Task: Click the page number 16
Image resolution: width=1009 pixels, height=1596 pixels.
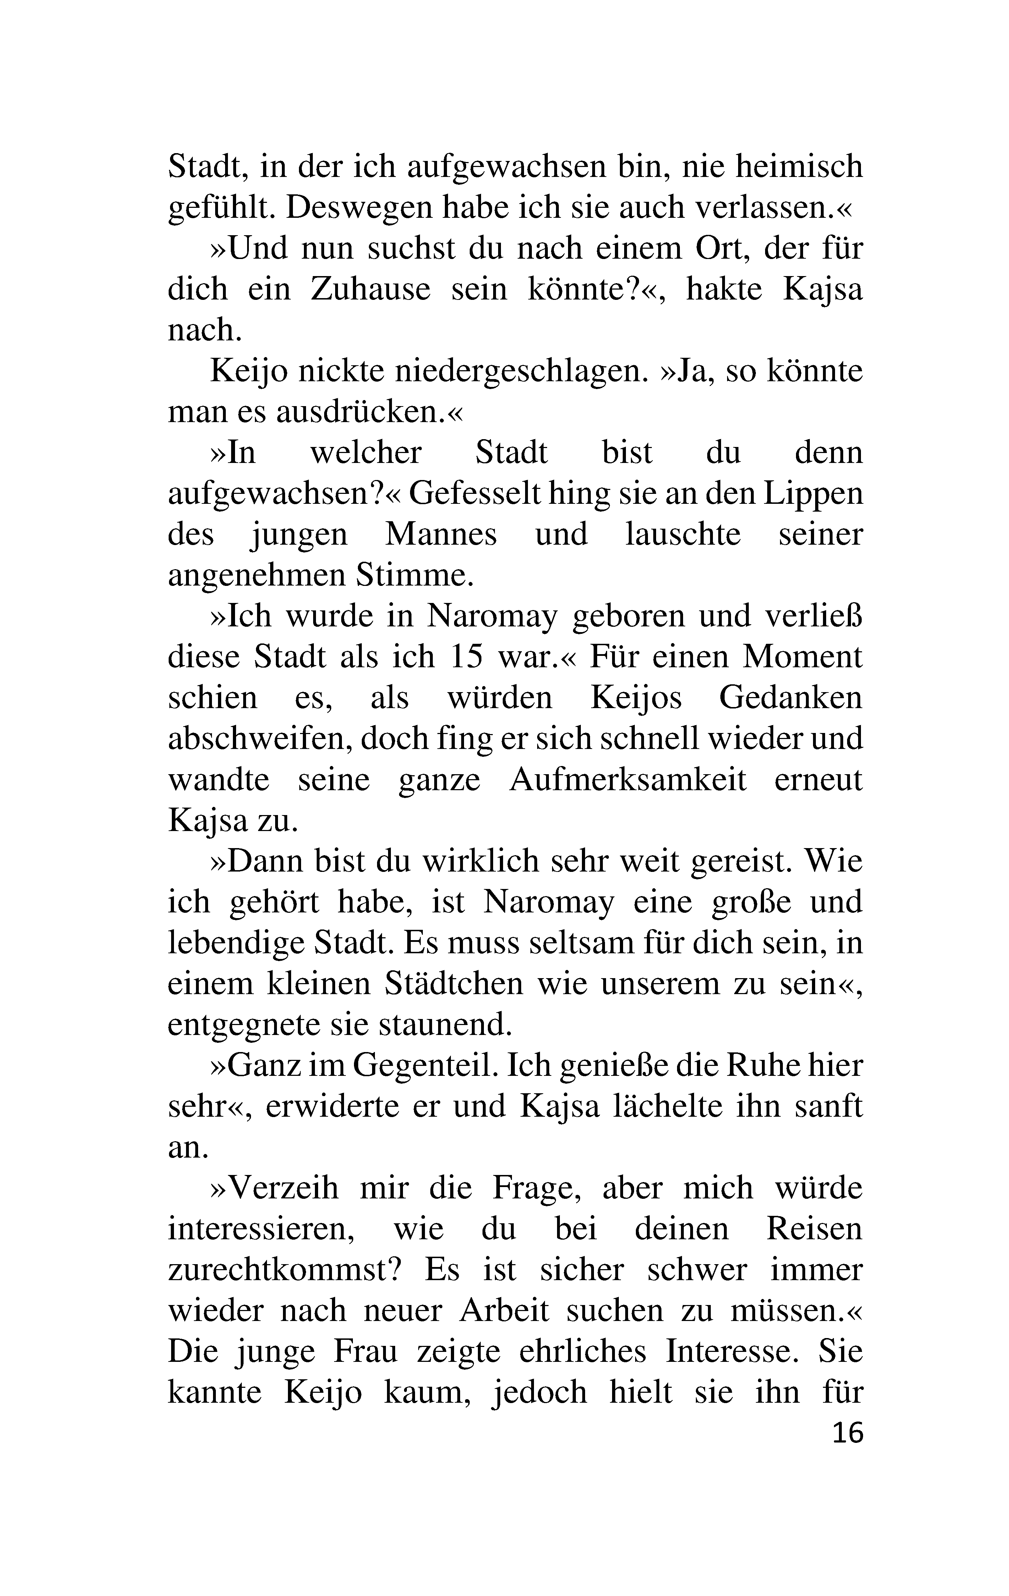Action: (x=848, y=1433)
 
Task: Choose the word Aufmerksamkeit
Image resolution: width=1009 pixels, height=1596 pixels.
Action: (x=628, y=780)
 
